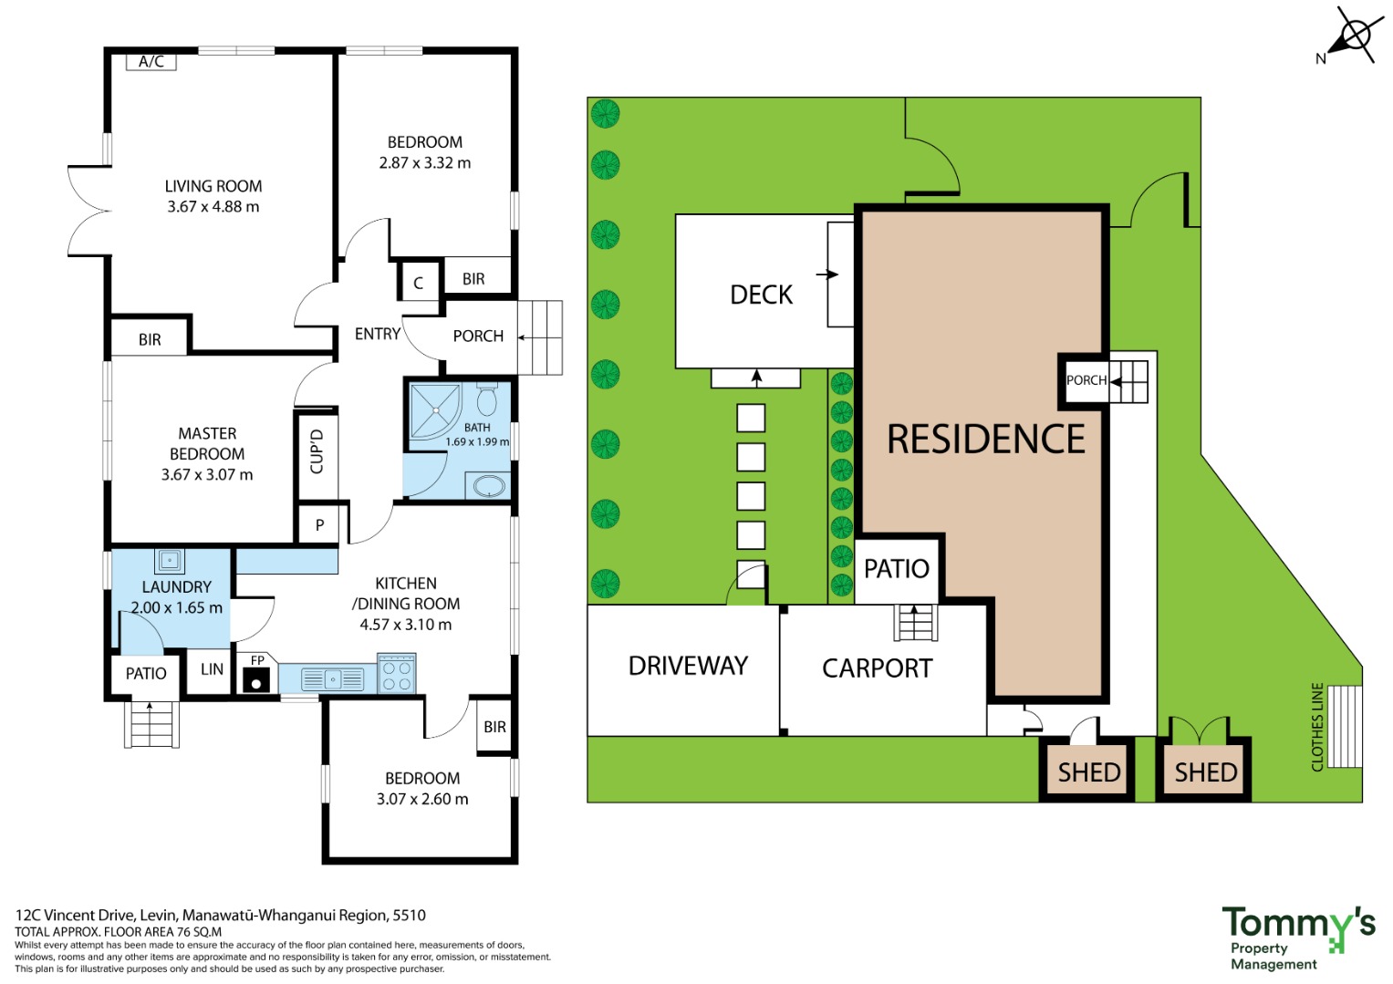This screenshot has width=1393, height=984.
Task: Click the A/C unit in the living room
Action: tap(151, 61)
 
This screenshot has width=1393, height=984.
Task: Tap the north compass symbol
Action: tap(1351, 36)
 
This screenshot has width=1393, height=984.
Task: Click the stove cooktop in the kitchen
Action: tap(397, 674)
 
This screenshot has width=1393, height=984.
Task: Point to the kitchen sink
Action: tap(333, 678)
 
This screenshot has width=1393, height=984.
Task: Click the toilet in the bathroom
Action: tap(486, 399)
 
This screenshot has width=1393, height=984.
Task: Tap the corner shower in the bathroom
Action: tap(435, 411)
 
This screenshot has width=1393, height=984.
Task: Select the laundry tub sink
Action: tap(169, 561)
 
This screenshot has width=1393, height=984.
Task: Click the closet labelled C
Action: tap(419, 282)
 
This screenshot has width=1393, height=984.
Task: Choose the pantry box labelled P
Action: tap(319, 525)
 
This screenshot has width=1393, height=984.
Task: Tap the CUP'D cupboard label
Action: tap(317, 451)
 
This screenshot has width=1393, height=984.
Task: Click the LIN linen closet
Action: tap(212, 669)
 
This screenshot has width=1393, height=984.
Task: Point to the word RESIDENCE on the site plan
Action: tap(985, 439)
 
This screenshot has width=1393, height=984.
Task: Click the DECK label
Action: tap(761, 295)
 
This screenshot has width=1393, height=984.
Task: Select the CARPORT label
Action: tap(877, 668)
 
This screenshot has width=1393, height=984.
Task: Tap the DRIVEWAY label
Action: tap(688, 666)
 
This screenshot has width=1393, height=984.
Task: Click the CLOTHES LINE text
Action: tap(1317, 727)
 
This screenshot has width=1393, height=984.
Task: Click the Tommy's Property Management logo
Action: tap(1298, 938)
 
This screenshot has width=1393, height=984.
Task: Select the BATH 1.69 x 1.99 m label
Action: tap(477, 434)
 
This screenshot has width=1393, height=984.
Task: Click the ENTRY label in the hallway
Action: tap(378, 334)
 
